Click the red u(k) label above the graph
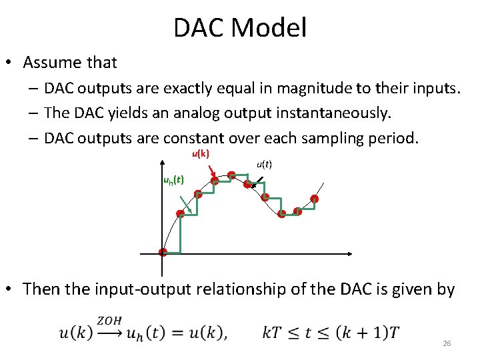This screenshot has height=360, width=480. (200, 154)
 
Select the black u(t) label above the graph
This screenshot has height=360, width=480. (264, 164)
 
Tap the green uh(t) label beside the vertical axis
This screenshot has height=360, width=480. (173, 180)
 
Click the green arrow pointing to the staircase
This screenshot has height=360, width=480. (188, 205)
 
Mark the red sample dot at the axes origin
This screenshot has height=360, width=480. (163, 252)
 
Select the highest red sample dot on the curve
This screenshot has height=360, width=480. (231, 175)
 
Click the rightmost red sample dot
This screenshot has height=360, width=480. (314, 199)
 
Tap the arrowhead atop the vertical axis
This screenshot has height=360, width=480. (162, 160)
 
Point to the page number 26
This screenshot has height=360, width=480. (447, 343)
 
